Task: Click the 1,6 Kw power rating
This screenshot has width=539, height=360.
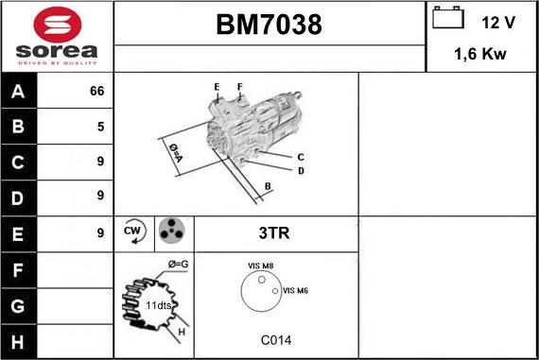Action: click(x=481, y=55)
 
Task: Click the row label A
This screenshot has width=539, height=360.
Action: click(x=18, y=92)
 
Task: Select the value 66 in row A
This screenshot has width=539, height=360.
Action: click(x=96, y=92)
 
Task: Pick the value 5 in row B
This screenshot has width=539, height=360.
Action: click(x=99, y=127)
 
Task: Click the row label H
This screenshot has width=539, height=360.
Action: click(x=18, y=341)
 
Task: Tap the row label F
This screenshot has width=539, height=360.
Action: click(x=18, y=270)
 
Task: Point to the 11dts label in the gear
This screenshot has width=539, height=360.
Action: click(x=157, y=306)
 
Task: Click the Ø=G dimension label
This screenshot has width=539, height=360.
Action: click(x=178, y=263)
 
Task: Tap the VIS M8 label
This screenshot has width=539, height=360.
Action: click(x=260, y=266)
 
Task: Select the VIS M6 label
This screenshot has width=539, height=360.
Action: click(x=295, y=290)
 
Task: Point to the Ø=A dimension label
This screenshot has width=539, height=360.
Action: click(x=176, y=153)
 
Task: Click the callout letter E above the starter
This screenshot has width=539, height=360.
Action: click(x=217, y=87)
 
